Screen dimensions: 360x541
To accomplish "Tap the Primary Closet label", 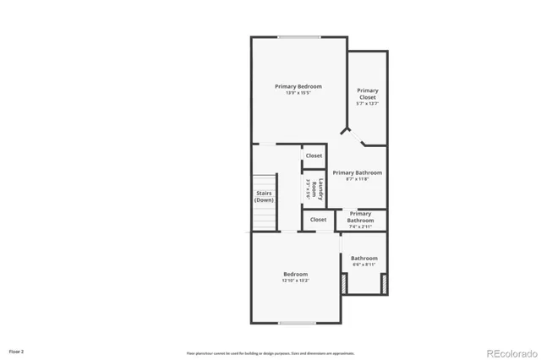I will tap(367, 94).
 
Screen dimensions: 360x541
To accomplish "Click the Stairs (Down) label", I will tap(264, 196).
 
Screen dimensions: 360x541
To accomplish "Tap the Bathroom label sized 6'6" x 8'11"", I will tap(364, 258).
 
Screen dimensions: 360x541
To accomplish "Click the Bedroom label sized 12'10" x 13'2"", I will tap(295, 274).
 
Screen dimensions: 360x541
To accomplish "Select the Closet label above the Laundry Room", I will tap(314, 155).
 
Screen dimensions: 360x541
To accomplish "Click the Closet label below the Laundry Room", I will tap(318, 220).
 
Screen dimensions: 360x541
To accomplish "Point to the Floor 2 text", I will tap(17, 350).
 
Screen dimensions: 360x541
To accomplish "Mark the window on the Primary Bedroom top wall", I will tap(299, 36).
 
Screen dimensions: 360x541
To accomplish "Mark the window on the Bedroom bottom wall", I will tap(297, 324).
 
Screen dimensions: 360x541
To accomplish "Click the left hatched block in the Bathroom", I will tap(343, 285).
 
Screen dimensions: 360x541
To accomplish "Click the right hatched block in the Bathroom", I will tap(385, 285).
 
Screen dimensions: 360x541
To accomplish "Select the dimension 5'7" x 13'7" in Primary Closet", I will tap(367, 104).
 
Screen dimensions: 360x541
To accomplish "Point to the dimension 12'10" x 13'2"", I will tap(295, 281).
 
